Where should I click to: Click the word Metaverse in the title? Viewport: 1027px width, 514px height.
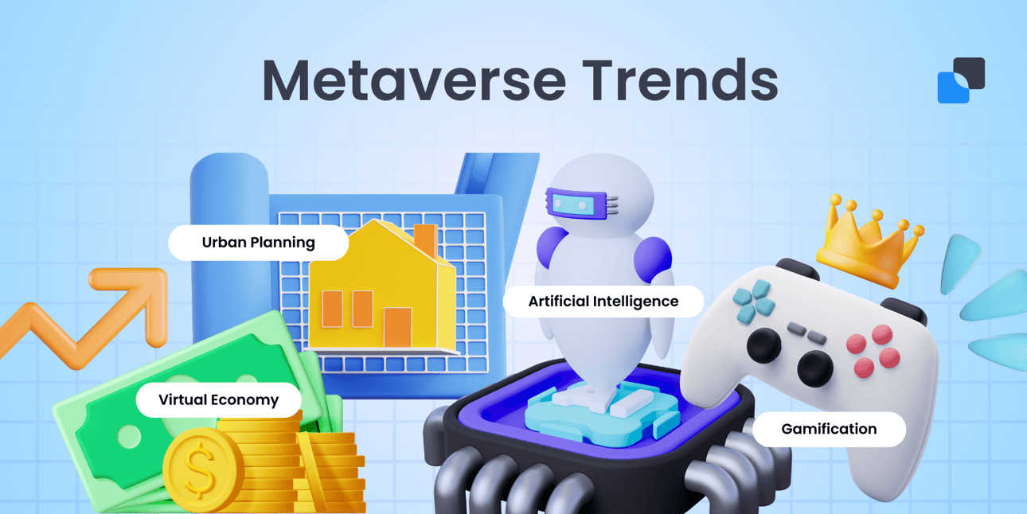pos(413,80)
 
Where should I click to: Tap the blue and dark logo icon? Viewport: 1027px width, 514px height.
pos(961,80)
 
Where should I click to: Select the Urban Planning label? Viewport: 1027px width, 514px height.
pos(258,242)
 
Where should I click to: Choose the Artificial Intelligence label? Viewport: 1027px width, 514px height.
pos(603,302)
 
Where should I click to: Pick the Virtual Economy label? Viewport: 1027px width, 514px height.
pos(218,399)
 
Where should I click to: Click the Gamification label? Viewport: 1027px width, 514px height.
pos(828,429)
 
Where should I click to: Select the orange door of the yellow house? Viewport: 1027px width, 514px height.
pos(397,327)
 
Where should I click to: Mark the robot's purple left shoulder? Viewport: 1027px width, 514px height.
pos(549,255)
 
